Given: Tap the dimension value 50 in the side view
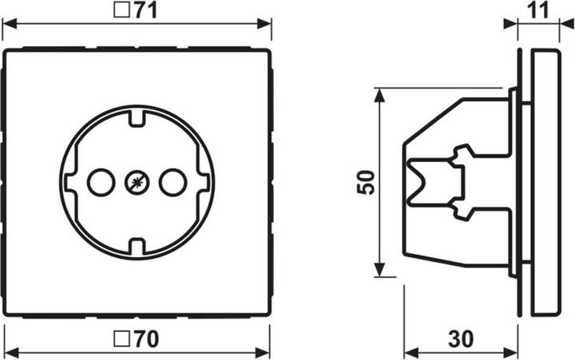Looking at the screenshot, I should (x=364, y=182).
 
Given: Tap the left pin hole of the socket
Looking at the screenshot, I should (x=100, y=183).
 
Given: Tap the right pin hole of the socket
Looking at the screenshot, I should (x=172, y=183).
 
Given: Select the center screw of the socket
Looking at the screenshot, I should (x=136, y=183).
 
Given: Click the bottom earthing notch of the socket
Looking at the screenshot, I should (x=136, y=245).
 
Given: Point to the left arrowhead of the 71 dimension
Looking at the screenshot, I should (x=10, y=24).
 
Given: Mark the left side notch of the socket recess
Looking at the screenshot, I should (x=68, y=183).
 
